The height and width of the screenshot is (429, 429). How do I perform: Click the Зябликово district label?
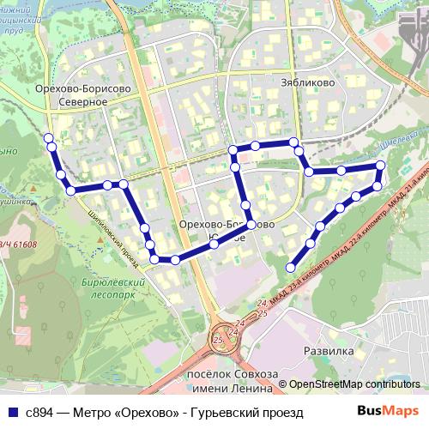(301, 84)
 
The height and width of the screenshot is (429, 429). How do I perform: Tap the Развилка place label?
(329, 352)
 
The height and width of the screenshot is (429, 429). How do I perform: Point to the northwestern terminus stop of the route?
(49, 137)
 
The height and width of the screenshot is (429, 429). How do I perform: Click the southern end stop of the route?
(292, 267)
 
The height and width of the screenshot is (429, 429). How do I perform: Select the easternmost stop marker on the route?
(381, 166)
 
